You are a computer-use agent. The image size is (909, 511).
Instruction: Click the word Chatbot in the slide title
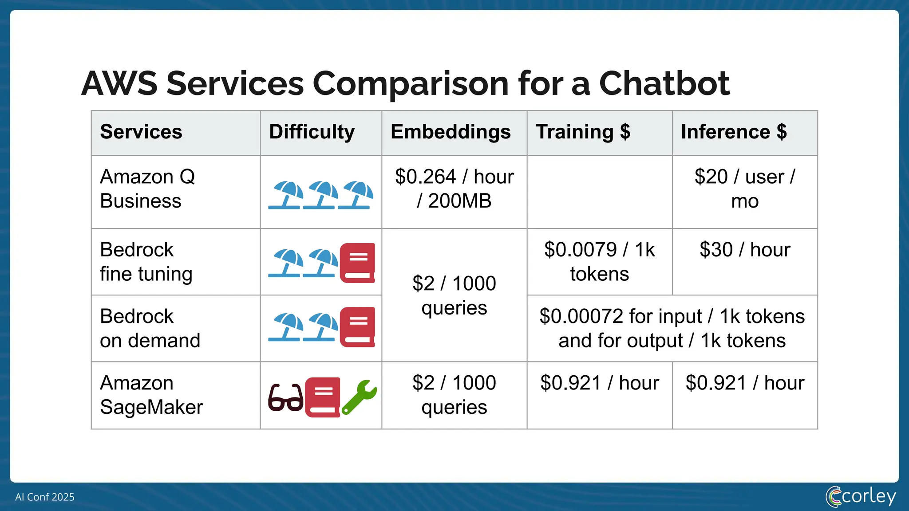664,83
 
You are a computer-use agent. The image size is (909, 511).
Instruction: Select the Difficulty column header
312,132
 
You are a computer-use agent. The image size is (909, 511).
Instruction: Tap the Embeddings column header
451,132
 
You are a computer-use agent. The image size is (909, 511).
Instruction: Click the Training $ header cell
583,132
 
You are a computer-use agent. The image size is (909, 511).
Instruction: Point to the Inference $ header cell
734,132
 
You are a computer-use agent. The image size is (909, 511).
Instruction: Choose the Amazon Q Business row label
147,189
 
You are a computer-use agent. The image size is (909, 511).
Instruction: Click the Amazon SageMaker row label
151,395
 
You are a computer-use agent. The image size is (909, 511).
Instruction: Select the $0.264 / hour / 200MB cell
454,189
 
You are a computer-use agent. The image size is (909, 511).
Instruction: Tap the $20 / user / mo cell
744,189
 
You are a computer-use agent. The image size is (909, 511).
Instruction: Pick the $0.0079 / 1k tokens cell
599,262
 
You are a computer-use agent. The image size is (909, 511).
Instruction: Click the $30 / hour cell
744,250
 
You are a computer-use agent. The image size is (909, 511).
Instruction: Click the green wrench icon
359,397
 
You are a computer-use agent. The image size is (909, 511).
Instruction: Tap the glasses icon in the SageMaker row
285,397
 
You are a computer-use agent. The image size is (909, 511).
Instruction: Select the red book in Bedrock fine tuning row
357,263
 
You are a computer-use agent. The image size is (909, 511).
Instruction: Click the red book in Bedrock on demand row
357,327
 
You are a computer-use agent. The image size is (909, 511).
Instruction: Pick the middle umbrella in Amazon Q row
320,195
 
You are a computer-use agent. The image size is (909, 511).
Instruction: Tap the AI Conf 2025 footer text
45,497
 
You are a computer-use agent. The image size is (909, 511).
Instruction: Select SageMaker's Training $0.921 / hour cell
599,383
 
